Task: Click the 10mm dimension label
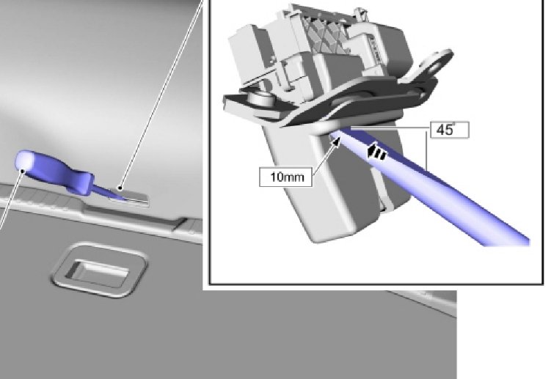point(286,177)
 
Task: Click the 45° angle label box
point(450,130)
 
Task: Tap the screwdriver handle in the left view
point(53,170)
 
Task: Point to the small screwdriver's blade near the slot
point(107,193)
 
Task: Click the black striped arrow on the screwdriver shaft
point(376,152)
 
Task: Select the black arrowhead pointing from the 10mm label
point(335,142)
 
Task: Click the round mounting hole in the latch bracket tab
point(439,65)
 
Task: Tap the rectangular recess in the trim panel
point(99,270)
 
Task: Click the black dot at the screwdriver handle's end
point(23,171)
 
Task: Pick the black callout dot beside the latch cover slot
point(120,188)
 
